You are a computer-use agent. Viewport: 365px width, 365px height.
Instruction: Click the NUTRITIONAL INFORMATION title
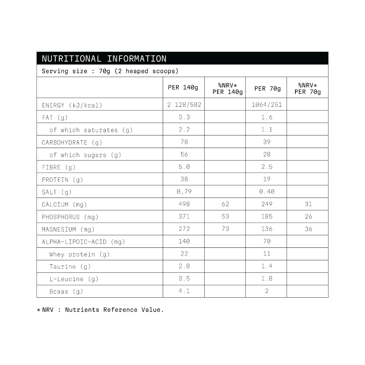[104, 58]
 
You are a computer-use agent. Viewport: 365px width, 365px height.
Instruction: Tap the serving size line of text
[110, 71]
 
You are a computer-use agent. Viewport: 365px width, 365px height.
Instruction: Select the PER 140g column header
[183, 88]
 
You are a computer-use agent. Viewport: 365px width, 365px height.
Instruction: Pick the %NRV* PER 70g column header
[308, 88]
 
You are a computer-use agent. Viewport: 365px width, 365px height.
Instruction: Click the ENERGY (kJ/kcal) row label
[72, 105]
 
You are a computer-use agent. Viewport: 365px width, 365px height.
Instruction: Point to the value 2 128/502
[184, 104]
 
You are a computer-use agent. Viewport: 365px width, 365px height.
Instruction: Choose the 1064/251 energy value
[266, 104]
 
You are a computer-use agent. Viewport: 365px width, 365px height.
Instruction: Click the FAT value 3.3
[184, 117]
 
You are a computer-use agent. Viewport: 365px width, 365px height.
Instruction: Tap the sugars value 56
[184, 154]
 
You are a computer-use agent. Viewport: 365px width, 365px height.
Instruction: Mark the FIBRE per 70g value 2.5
[266, 167]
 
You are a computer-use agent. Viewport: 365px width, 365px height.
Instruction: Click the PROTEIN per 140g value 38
[184, 179]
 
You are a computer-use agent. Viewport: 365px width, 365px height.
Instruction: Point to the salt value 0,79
[184, 192]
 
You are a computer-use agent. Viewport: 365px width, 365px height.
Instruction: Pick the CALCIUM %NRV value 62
[225, 204]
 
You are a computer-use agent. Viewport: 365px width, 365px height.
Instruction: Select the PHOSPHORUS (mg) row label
[70, 217]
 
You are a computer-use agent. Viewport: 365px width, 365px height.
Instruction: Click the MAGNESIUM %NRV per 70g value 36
[308, 229]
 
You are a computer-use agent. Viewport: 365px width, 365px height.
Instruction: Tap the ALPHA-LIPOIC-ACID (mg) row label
[83, 242]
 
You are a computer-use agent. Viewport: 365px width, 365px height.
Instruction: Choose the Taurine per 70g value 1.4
[266, 266]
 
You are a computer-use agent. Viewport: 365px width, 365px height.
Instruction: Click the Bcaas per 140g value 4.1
[184, 291]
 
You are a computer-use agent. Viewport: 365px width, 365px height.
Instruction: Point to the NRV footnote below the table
[100, 310]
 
